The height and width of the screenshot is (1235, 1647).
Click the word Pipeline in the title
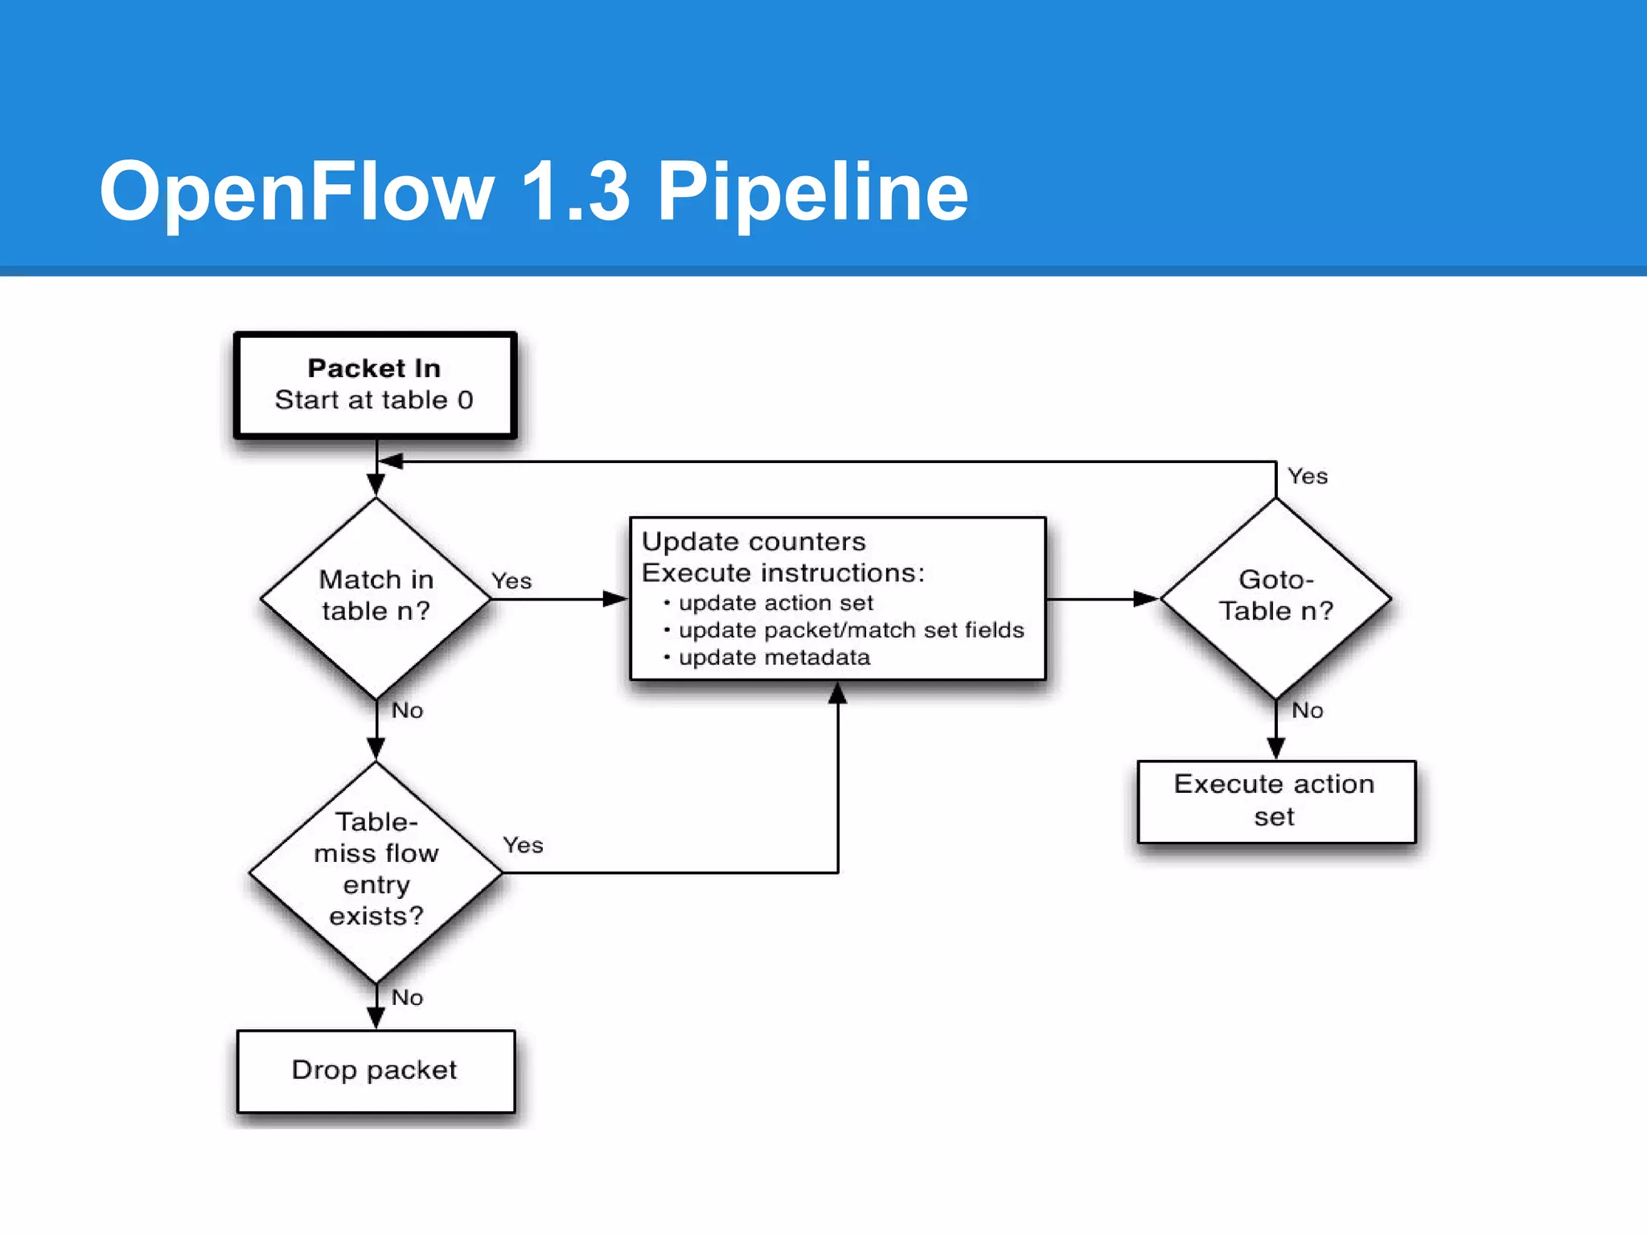(812, 191)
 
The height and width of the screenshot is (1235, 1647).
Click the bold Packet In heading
(374, 368)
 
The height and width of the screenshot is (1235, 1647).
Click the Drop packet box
(376, 1070)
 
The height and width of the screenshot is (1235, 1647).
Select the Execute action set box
(1275, 801)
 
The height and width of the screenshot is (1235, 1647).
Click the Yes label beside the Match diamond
(511, 581)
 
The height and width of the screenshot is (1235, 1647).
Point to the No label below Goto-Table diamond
(1307, 710)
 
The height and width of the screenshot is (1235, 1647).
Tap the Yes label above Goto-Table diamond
(1307, 476)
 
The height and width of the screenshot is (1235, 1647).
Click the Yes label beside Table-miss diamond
(523, 845)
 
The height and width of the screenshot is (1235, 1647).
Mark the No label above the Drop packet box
(407, 997)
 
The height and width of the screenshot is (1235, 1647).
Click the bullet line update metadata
(774, 658)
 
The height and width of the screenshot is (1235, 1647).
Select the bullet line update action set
(775, 603)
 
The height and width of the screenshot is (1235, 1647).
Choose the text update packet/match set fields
(851, 630)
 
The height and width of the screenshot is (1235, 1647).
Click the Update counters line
(754, 541)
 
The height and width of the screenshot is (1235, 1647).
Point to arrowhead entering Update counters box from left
(615, 599)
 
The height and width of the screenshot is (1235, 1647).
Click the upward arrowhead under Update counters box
(838, 693)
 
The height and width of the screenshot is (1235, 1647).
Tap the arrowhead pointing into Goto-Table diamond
(1145, 599)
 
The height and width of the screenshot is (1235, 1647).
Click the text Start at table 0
(374, 400)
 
